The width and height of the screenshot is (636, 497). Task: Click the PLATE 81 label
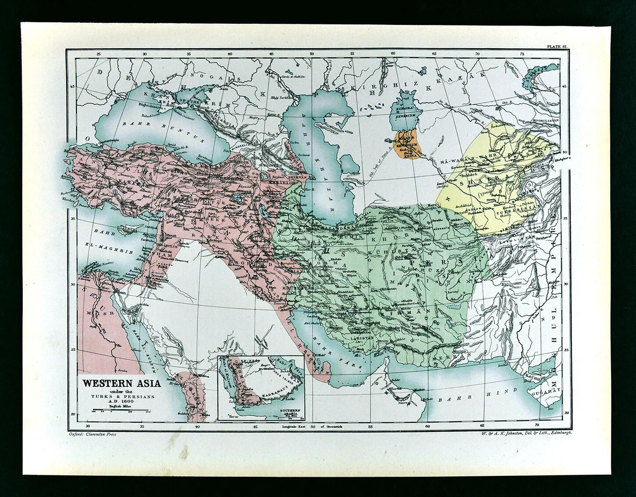[x=557, y=47]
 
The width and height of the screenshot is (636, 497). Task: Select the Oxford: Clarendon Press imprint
[x=92, y=433]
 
